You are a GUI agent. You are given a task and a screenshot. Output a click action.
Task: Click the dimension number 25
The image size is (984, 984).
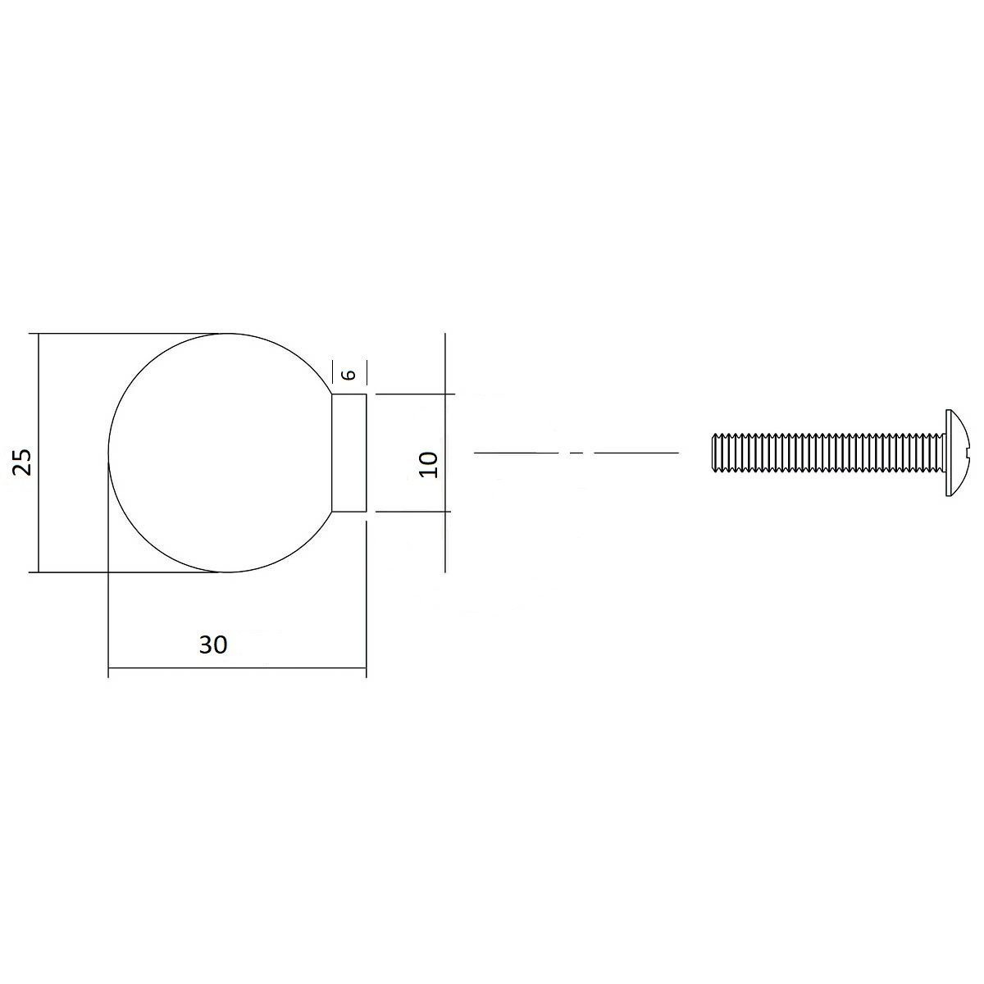23,462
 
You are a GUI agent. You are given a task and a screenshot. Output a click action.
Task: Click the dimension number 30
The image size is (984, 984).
213,645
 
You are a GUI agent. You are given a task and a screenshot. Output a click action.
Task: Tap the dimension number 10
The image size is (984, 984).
428,464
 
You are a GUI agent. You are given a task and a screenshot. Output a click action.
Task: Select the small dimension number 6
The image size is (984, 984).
348,375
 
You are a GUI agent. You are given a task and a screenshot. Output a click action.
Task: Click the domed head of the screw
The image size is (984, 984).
955,453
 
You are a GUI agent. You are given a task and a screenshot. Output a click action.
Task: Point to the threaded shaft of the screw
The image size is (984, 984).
828,453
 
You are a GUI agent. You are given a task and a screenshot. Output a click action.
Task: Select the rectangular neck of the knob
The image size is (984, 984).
349,453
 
